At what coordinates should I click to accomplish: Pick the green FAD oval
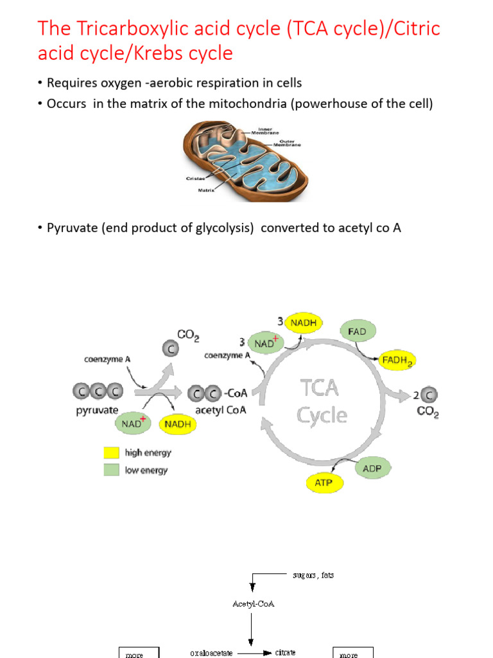pos(357,332)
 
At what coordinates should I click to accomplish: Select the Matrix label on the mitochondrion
pos(205,190)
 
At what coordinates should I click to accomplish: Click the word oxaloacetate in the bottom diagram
pos(211,653)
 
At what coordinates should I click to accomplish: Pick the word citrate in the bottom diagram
pos(286,652)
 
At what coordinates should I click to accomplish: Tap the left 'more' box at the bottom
pos(135,653)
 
